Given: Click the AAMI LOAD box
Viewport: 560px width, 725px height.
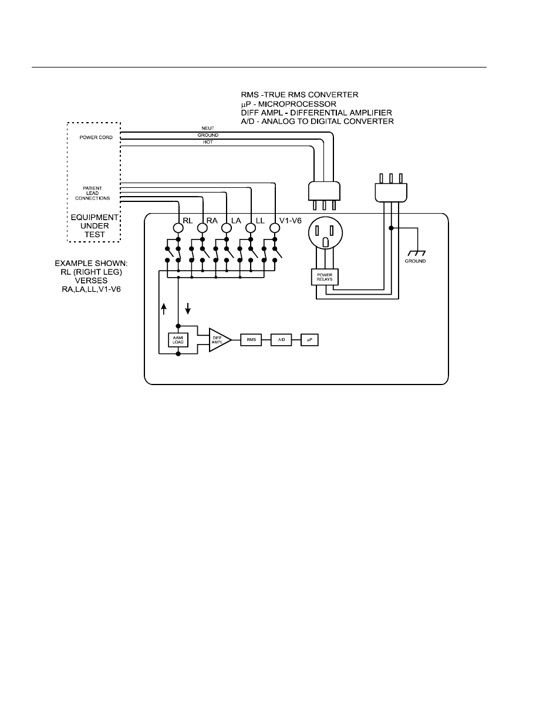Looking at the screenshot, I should click(x=178, y=340).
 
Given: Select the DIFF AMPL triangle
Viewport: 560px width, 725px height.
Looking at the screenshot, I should click(x=218, y=340).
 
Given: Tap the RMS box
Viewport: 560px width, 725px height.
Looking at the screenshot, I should click(x=251, y=340).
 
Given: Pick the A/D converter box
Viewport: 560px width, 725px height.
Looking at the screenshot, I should click(x=281, y=340).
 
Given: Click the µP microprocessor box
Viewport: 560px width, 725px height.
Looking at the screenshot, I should click(x=309, y=340).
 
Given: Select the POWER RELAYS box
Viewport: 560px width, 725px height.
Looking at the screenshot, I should click(x=325, y=277).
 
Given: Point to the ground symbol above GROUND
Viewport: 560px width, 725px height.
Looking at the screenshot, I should click(x=416, y=251).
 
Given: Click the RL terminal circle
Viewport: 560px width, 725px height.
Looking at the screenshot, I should click(x=178, y=227).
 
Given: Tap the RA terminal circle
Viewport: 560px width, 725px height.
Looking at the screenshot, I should click(x=202, y=227).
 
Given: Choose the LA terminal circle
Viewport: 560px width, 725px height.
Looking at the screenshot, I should click(x=226, y=227).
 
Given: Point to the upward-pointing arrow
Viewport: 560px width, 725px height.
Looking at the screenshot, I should click(x=164, y=309).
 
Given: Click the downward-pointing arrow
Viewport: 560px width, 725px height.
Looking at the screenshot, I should click(x=188, y=309).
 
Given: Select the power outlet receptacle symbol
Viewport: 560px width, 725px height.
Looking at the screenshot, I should click(x=324, y=233).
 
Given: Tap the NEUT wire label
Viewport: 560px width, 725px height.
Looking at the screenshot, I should click(x=208, y=129).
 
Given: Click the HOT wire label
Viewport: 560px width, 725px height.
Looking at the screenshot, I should click(x=208, y=142).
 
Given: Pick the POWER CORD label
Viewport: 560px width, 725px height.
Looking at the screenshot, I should click(x=96, y=137).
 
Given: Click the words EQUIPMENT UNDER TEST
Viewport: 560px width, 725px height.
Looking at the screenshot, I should click(x=95, y=225).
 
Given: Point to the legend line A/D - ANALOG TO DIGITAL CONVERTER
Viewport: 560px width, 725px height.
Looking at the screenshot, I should click(x=317, y=122).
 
